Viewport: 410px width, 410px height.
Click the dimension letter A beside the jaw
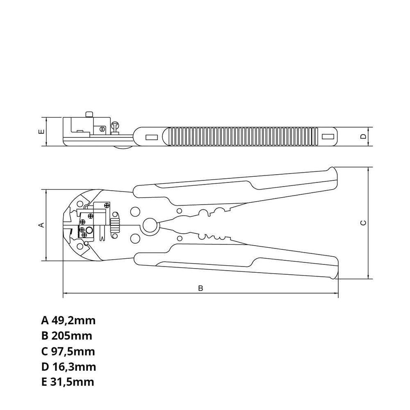click(41, 225)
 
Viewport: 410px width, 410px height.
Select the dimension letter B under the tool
click(200, 288)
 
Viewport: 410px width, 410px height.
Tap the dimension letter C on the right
click(362, 223)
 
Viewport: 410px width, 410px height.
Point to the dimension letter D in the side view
click(362, 136)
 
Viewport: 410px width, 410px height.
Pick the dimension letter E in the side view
click(41, 132)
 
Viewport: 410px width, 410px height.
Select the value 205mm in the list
click(72, 336)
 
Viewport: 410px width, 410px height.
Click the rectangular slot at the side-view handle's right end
click(327, 136)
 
